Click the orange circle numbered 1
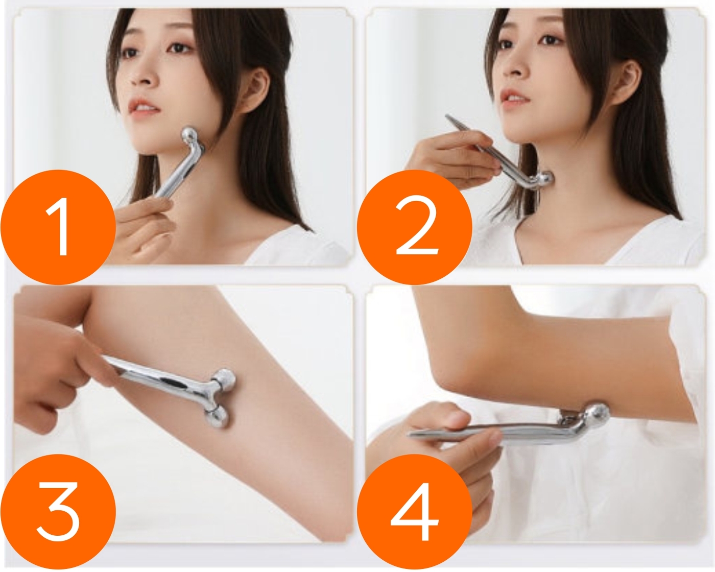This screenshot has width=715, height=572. point(58,227)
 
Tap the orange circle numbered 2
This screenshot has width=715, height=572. point(414,227)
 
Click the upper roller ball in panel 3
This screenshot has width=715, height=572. point(225,379)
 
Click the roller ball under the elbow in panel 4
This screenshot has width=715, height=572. point(597,415)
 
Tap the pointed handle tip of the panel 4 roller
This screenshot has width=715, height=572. point(409,434)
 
